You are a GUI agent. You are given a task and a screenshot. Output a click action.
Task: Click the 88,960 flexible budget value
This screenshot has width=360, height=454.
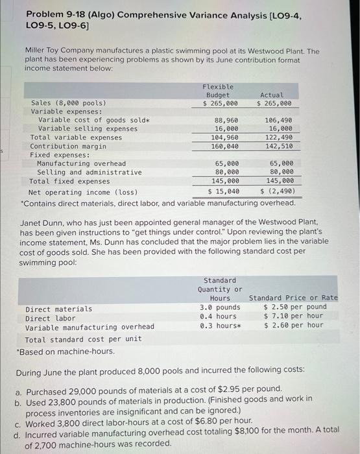(226, 120)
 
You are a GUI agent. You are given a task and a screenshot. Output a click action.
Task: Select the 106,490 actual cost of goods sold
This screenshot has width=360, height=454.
(279, 120)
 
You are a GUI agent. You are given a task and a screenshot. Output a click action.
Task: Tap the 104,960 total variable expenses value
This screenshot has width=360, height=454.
(224, 137)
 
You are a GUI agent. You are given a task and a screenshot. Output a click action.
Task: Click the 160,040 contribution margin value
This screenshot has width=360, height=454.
(224, 147)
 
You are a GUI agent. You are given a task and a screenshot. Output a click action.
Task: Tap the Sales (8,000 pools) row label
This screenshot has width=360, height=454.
(69, 102)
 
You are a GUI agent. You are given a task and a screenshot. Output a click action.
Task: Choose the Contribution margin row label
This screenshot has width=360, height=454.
(68, 147)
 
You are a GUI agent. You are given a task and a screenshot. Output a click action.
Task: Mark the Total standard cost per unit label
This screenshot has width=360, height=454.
(83, 339)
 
